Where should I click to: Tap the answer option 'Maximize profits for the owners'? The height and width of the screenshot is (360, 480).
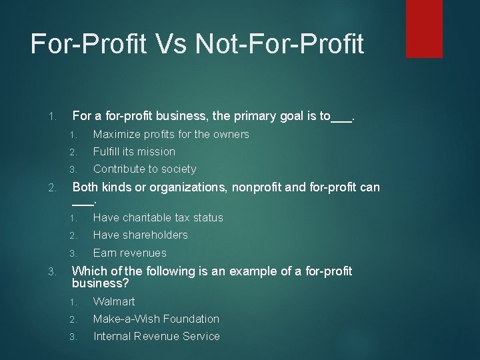point(171,135)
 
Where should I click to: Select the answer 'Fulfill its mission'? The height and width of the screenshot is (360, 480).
point(134,152)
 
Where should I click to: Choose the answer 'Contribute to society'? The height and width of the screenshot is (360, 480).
point(145,169)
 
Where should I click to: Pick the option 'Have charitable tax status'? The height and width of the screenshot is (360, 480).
point(158,218)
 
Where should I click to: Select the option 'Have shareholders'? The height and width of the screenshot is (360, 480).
point(140,235)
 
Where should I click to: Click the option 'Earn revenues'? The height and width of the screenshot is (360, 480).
point(130,253)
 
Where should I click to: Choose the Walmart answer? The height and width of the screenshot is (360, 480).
point(114,302)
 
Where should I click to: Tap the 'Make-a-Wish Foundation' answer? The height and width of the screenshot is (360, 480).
point(156,319)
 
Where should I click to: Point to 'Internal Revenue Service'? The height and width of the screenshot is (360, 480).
point(156,337)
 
